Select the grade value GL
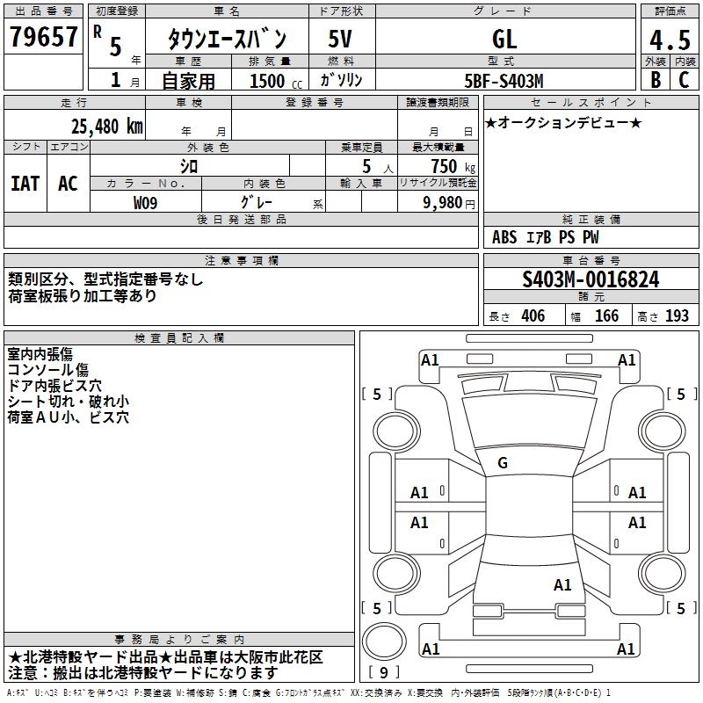504,39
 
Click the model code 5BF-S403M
504,81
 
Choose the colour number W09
146,202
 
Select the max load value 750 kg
444,166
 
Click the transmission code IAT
25,184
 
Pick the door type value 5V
342,39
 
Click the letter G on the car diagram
503,463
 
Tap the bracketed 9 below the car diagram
384,672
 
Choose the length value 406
532,315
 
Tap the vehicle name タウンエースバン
227,39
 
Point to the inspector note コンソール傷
47,370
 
